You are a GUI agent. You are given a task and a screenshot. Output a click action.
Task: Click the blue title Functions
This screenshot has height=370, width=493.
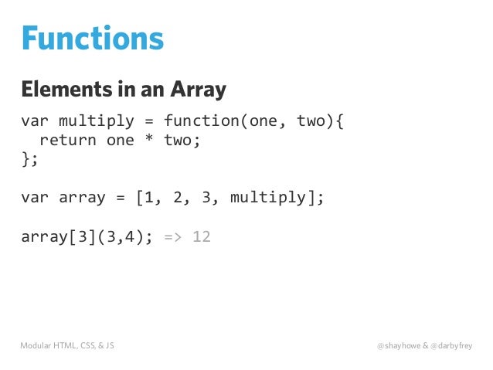click(92, 39)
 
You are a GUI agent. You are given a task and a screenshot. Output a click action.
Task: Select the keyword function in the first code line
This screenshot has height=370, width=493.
click(201, 121)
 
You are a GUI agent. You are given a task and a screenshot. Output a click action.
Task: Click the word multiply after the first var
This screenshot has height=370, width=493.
click(96, 121)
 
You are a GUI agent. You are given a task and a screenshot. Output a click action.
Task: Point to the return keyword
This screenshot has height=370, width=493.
click(67, 140)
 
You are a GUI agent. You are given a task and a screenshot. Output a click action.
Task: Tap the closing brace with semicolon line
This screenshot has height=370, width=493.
click(29, 159)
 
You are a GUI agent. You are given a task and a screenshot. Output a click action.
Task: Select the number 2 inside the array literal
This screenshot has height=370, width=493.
click(178, 197)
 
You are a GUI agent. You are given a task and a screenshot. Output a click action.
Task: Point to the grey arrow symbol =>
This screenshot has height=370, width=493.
click(173, 236)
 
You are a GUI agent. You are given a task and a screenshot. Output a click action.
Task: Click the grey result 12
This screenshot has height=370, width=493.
click(201, 236)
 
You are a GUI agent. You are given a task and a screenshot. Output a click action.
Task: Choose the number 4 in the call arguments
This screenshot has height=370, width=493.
click(130, 236)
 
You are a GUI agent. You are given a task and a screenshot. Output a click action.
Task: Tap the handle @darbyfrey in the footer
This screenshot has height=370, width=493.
click(452, 346)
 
